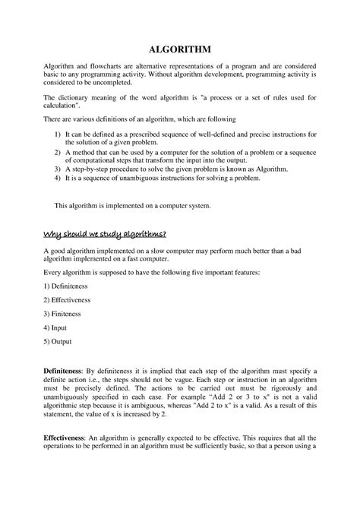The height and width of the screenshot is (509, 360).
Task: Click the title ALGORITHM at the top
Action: [x=180, y=48]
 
